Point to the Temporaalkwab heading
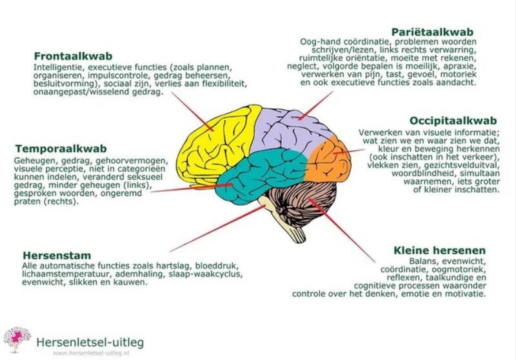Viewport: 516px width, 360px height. [56, 148]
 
